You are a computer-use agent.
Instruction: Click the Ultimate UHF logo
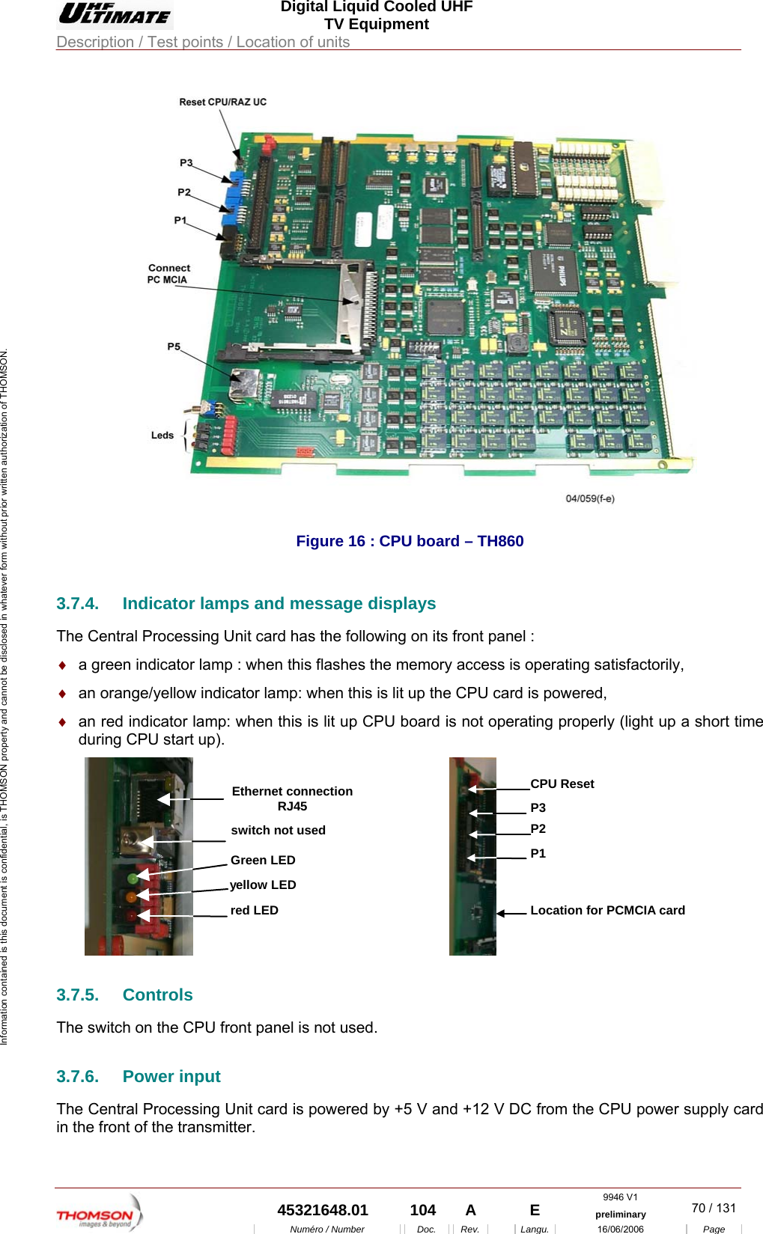[x=115, y=13]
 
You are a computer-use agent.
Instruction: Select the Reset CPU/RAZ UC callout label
[x=222, y=102]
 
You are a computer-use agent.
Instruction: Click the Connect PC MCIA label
[x=168, y=274]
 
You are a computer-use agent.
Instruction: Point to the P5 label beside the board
[x=174, y=346]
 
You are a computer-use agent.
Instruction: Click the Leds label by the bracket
[x=162, y=436]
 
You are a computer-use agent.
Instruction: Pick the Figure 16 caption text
[x=410, y=541]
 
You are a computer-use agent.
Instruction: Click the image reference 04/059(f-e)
[x=590, y=498]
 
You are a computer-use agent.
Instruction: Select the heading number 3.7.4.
[x=77, y=604]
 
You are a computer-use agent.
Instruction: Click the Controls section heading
[x=157, y=995]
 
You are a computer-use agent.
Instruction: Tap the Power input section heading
[x=171, y=1077]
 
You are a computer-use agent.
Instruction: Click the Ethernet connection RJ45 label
[x=292, y=798]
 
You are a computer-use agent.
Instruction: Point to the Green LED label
[x=263, y=861]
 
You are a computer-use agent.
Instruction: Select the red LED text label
[x=254, y=911]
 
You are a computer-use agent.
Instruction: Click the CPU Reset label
[x=562, y=784]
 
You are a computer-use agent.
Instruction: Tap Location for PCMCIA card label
[x=607, y=911]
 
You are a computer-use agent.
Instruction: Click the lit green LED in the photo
[x=133, y=878]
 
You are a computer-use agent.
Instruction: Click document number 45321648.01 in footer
[x=323, y=1210]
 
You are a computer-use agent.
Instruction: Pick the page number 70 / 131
[x=714, y=1208]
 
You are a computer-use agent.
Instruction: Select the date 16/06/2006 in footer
[x=620, y=1229]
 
